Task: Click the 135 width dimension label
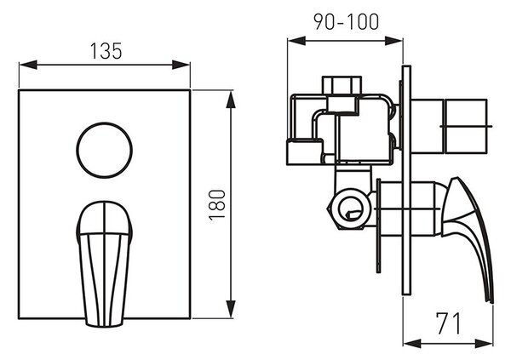pos(106,51)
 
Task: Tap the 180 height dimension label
pos(217,205)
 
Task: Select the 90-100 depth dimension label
pos(346,22)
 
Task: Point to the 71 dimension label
pos(449,323)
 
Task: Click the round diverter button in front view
pos(104,150)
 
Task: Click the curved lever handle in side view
pos(468,239)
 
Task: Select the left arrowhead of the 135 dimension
pos(28,65)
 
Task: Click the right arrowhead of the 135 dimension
pos(181,65)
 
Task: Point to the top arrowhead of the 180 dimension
pos(231,99)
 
